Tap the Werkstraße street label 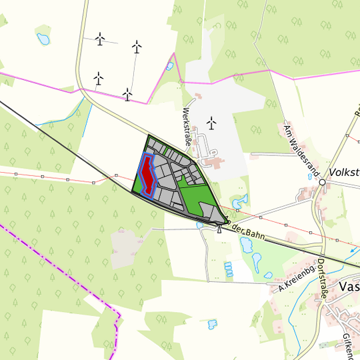tap(187, 127)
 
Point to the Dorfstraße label tap(323, 279)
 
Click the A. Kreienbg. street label tap(296, 281)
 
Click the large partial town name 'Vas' tap(349, 287)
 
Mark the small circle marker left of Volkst tap(322, 181)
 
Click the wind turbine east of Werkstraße tap(211, 123)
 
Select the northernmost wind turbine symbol tap(100, 39)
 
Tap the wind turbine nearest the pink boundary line tap(127, 95)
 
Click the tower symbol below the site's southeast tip tap(219, 230)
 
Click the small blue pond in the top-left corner tap(43, 39)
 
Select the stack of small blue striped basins tap(229, 269)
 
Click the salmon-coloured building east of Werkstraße tap(214, 162)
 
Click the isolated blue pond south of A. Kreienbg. tap(212, 324)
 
